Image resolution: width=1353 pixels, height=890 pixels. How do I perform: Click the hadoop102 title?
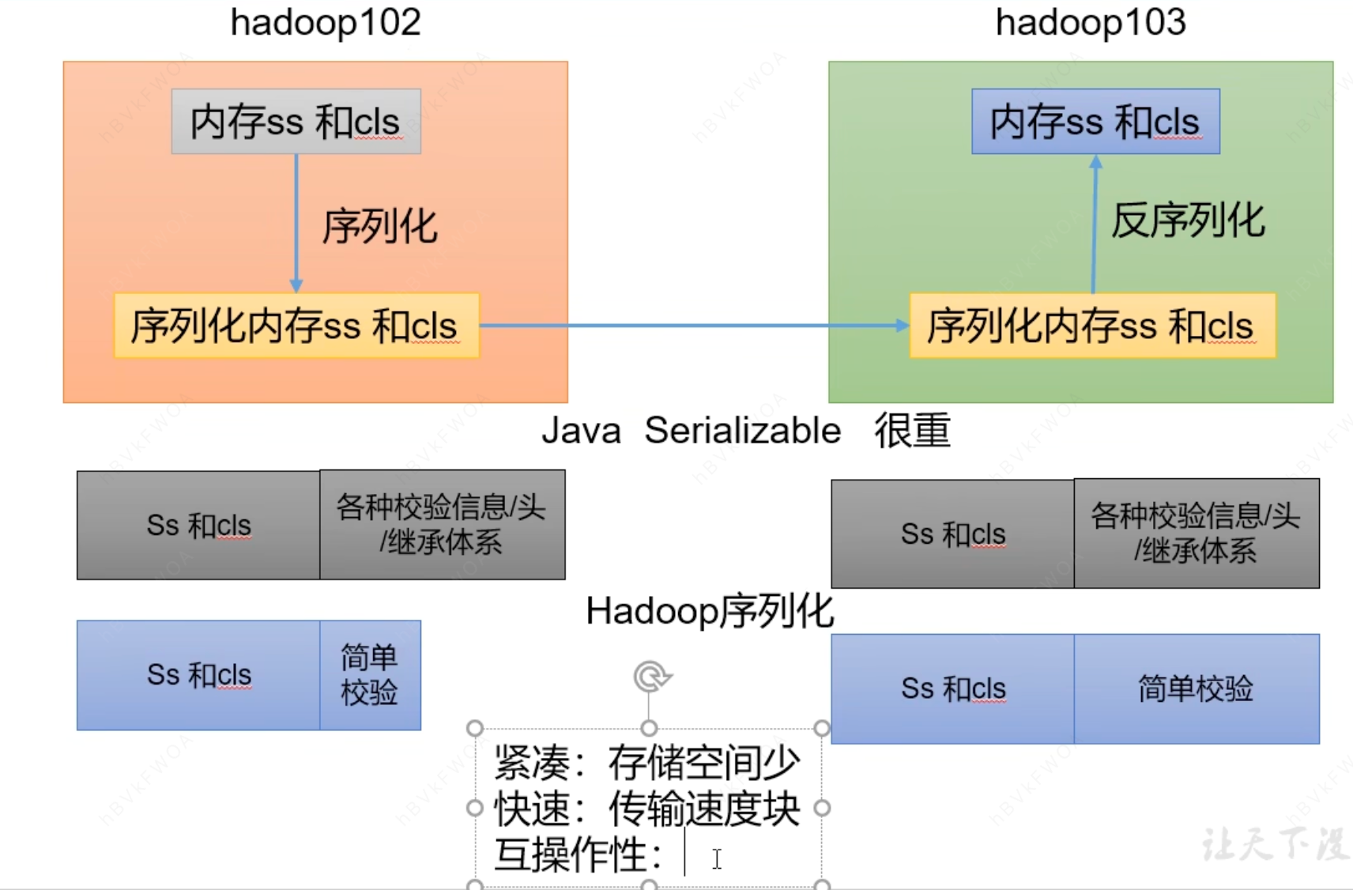click(x=325, y=22)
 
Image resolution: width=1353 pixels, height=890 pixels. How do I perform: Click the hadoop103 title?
click(x=1090, y=22)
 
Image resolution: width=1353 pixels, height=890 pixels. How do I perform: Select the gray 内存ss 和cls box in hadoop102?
click(x=296, y=122)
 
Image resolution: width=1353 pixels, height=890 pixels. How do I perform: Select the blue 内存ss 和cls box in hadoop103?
click(x=1095, y=122)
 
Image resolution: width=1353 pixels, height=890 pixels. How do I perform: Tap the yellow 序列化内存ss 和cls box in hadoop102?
click(x=296, y=326)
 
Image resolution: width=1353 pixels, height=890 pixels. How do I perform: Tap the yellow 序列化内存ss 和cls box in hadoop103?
click(x=1091, y=326)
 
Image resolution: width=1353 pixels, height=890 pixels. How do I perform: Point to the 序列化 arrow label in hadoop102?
click(x=379, y=227)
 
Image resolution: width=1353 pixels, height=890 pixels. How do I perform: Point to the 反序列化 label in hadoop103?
click(x=1187, y=221)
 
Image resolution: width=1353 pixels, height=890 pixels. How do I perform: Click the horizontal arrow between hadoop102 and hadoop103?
click(x=695, y=325)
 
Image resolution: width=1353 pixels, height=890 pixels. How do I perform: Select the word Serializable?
click(x=742, y=431)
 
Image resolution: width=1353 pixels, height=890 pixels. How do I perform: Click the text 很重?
click(x=911, y=431)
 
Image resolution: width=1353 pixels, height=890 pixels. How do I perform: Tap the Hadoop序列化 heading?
click(x=709, y=611)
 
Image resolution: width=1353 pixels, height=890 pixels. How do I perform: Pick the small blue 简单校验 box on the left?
click(x=369, y=675)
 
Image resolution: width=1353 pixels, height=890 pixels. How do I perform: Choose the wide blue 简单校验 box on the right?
click(x=1196, y=688)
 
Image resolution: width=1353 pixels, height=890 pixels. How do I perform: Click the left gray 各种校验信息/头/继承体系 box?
click(x=441, y=525)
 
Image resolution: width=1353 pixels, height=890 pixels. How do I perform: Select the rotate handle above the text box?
click(x=650, y=677)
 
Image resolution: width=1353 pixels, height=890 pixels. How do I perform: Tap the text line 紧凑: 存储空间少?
click(x=646, y=763)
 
